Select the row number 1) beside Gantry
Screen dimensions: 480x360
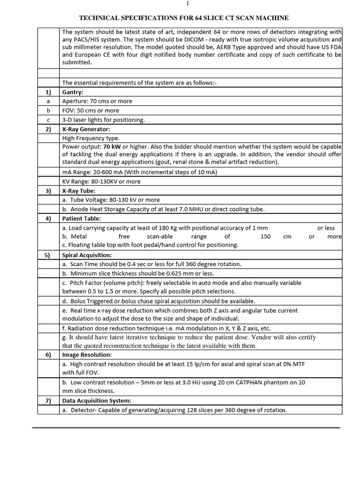point(48,92)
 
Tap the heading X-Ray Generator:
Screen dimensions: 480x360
point(86,129)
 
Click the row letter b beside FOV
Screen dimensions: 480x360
point(48,111)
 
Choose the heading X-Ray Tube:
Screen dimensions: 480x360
point(79,191)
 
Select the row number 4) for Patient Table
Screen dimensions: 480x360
point(48,218)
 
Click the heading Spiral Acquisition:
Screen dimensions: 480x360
point(87,255)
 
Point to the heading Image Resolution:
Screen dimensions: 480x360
point(87,355)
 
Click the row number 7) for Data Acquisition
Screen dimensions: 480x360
point(48,401)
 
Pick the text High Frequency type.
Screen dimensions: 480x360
point(91,138)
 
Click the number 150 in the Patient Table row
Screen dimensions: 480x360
point(265,237)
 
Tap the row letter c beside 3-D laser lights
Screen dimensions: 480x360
point(48,120)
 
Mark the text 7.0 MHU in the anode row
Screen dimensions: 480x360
point(199,209)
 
